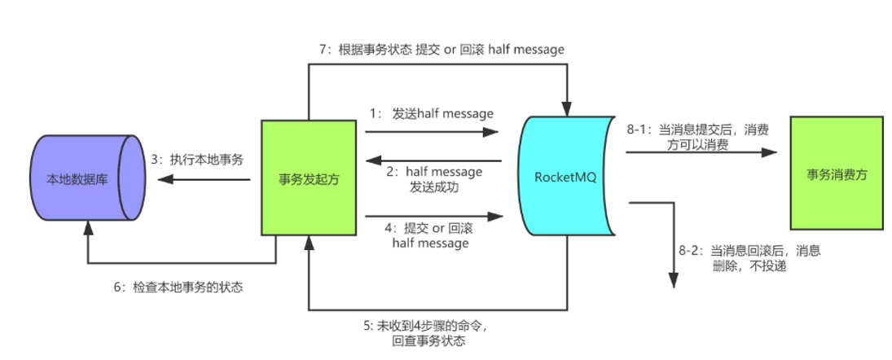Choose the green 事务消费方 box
click(837, 174)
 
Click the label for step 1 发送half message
click(431, 113)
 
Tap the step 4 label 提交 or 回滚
click(431, 235)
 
